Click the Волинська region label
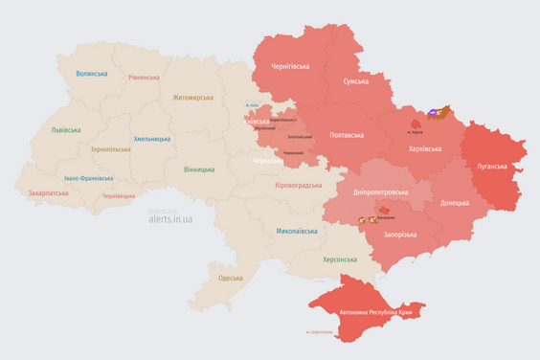coord(92,74)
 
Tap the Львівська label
coord(66,130)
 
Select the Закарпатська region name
coord(49,192)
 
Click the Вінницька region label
coord(199,169)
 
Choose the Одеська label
coord(230,278)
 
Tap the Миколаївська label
coord(297,231)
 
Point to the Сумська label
coord(360,81)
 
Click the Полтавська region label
coord(346,135)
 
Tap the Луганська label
coord(492,166)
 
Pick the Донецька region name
coord(455,203)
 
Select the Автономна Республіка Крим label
coord(368,312)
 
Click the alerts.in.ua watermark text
coord(170,219)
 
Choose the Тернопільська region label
coord(112,149)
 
